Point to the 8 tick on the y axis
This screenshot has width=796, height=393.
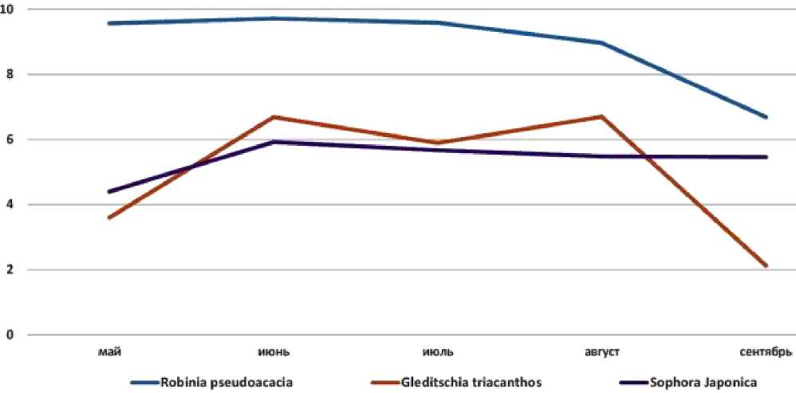pos(11,74)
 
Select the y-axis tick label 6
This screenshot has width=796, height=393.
pos(11,140)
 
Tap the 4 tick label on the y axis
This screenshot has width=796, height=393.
pos(11,205)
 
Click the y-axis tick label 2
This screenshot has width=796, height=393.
pos(11,269)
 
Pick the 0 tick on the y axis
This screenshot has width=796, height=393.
pos(11,335)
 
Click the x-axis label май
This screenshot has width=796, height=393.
pos(109,352)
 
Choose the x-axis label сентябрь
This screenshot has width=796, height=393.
pos(764,352)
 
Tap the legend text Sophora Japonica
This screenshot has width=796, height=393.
pos(692,382)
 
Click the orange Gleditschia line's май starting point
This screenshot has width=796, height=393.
pos(109,218)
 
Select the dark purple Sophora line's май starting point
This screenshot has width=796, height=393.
pos(109,191)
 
